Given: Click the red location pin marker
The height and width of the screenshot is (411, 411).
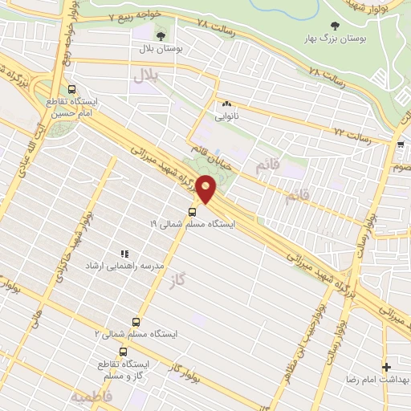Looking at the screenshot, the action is click(207, 189).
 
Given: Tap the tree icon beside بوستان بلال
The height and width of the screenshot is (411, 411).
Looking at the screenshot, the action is click(160, 35).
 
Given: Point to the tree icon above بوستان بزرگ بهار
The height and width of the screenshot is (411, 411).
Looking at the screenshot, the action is click(335, 26).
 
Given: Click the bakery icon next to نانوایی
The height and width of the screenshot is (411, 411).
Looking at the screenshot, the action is click(226, 103).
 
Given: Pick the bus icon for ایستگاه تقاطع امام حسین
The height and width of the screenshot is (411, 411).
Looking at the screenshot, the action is click(72, 90).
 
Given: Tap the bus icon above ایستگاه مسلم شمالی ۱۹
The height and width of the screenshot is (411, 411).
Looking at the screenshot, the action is click(192, 212).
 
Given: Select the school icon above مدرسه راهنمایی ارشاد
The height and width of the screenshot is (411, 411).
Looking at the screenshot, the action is click(124, 254).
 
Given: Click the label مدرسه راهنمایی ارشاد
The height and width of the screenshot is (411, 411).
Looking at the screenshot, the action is click(125, 266).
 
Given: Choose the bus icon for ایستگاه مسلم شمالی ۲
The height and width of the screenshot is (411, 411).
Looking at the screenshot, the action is click(144, 319).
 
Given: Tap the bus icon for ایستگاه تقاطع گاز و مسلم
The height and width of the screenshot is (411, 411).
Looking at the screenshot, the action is click(123, 352).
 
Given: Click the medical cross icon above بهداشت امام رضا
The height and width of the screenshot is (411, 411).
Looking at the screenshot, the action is click(387, 366).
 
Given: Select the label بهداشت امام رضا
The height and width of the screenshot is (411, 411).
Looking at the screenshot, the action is click(376, 378).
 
